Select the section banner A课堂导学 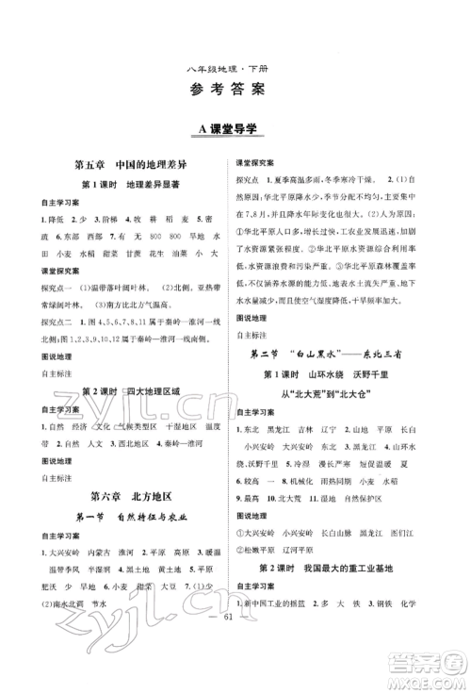[x=235, y=127]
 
